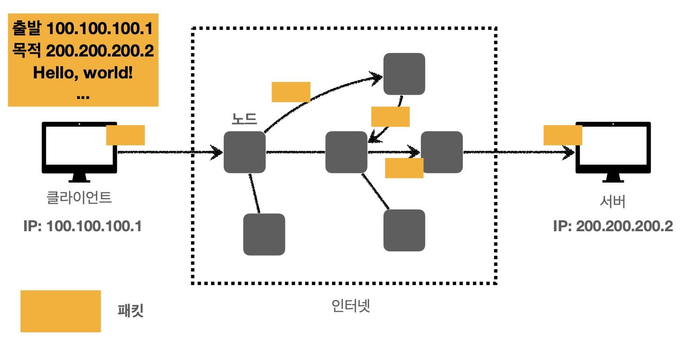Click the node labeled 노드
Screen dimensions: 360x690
tap(244, 152)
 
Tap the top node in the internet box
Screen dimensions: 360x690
tap(404, 74)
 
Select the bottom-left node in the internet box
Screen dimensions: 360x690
tap(264, 234)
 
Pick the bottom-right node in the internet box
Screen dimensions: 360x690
tap(404, 230)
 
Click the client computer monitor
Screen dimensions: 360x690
tap(79, 149)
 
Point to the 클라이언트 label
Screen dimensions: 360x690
tap(79, 198)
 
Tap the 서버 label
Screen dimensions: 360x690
tap(613, 201)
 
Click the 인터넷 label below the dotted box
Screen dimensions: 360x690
tap(351, 305)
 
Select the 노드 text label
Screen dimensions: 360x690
tap(244, 119)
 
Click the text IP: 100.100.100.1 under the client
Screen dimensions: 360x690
tap(83, 226)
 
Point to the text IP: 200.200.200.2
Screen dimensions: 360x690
tap(613, 226)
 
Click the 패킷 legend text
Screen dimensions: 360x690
tap(130, 311)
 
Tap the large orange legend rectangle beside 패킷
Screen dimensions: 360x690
tap(60, 311)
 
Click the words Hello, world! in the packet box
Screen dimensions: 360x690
tap(83, 73)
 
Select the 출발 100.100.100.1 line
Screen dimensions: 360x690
tap(83, 28)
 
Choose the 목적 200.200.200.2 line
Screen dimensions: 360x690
tap(83, 50)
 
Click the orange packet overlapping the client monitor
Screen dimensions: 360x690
tap(125, 135)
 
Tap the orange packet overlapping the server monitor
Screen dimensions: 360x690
tap(563, 135)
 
